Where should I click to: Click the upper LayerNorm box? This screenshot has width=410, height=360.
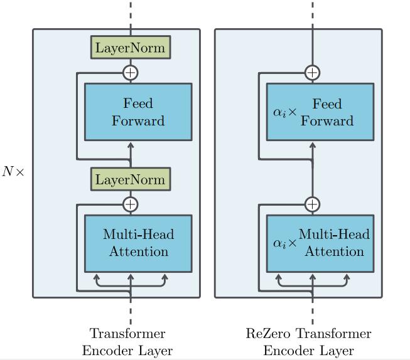tap(131, 48)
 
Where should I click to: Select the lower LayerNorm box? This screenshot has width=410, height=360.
tap(131, 180)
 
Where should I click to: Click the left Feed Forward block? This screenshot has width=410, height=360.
tap(138, 112)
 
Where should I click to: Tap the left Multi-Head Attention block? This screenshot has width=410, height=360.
tap(138, 243)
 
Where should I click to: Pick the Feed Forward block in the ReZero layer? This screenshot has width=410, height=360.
tap(320, 112)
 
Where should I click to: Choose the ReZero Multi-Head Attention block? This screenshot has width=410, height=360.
tap(320, 243)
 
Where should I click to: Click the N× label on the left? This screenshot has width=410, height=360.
tap(13, 171)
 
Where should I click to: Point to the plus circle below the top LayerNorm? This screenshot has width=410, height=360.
tap(131, 72)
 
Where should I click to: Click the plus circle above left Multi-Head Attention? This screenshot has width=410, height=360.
tap(131, 204)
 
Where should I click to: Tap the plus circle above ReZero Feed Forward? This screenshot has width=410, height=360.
tap(312, 72)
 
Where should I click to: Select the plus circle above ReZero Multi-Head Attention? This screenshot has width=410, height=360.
tap(312, 204)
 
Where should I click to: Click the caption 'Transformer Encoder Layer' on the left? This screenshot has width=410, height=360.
tap(127, 342)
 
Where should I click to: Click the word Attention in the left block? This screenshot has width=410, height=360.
tap(139, 252)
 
